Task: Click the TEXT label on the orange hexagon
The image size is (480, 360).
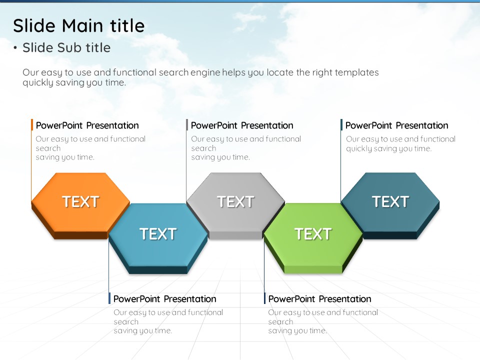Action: click(81, 201)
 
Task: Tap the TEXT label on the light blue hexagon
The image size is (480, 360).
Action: click(158, 234)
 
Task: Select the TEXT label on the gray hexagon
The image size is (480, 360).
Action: click(235, 201)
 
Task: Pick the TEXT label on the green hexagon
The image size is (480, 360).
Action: click(313, 234)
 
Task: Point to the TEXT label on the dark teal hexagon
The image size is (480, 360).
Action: click(390, 201)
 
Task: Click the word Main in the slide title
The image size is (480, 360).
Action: click(82, 25)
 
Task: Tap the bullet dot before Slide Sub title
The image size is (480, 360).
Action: click(15, 48)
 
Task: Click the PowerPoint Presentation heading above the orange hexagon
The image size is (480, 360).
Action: click(87, 125)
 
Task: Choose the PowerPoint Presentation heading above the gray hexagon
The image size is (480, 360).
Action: click(242, 125)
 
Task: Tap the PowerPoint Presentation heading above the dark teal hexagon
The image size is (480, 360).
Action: click(396, 125)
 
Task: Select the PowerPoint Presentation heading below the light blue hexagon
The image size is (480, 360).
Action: click(164, 299)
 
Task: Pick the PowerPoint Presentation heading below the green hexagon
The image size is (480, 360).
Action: click(319, 299)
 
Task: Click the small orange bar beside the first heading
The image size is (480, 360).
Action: click(32, 125)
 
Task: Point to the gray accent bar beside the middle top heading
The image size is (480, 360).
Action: click(186, 125)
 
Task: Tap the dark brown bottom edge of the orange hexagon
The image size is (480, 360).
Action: click(81, 235)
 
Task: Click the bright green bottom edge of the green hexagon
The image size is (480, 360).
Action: click(313, 269)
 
